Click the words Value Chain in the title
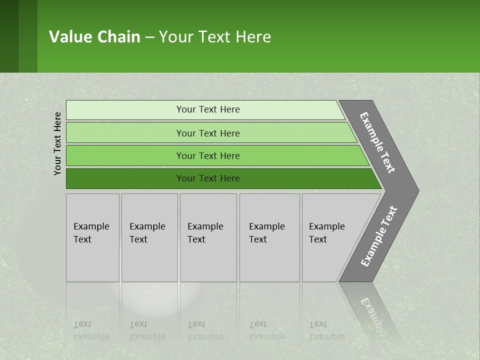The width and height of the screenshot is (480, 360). tap(94, 37)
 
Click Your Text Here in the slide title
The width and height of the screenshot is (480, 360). tap(215, 37)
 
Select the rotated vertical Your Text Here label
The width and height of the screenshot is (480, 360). tap(57, 143)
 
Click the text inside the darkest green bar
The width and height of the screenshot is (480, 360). tap(208, 178)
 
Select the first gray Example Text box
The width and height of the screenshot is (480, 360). tap(92, 237)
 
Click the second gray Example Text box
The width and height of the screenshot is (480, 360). tap(149, 237)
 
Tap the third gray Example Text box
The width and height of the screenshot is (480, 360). tap(208, 237)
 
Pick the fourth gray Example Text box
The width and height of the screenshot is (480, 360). tap(269, 237)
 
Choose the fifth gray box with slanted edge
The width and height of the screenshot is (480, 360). tap(330, 237)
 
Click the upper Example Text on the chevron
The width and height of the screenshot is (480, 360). tap(377, 142)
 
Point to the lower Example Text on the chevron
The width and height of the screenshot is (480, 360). tap(378, 236)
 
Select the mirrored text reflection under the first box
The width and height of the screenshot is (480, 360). tap(91, 330)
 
